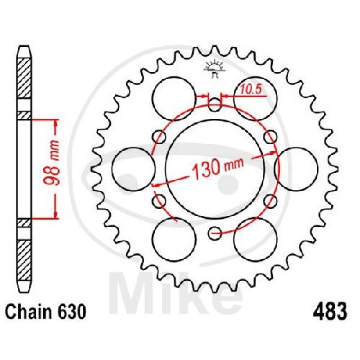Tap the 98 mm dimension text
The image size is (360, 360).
51,162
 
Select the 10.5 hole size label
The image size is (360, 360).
252,89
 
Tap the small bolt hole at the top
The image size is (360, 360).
215,105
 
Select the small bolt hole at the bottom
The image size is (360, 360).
215,234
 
